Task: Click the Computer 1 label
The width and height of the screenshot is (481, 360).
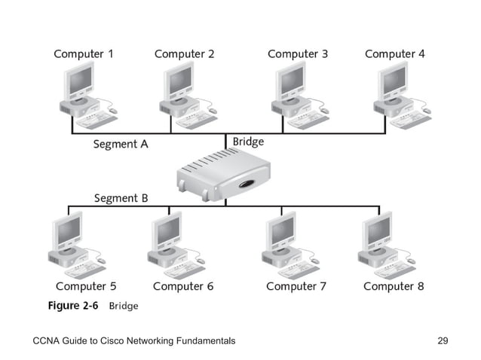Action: click(84, 54)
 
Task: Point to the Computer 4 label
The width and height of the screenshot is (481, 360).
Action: click(394, 54)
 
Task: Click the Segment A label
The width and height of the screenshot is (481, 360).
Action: click(120, 144)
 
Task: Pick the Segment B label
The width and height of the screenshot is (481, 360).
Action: click(121, 198)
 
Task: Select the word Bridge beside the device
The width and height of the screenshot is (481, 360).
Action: click(248, 141)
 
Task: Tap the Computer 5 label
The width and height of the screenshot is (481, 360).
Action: click(86, 286)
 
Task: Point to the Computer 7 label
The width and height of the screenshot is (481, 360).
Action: click(296, 286)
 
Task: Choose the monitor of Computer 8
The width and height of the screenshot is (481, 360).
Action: click(378, 230)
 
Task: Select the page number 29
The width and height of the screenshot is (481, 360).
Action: click(443, 341)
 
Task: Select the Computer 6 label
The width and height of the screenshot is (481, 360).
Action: click(183, 286)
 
